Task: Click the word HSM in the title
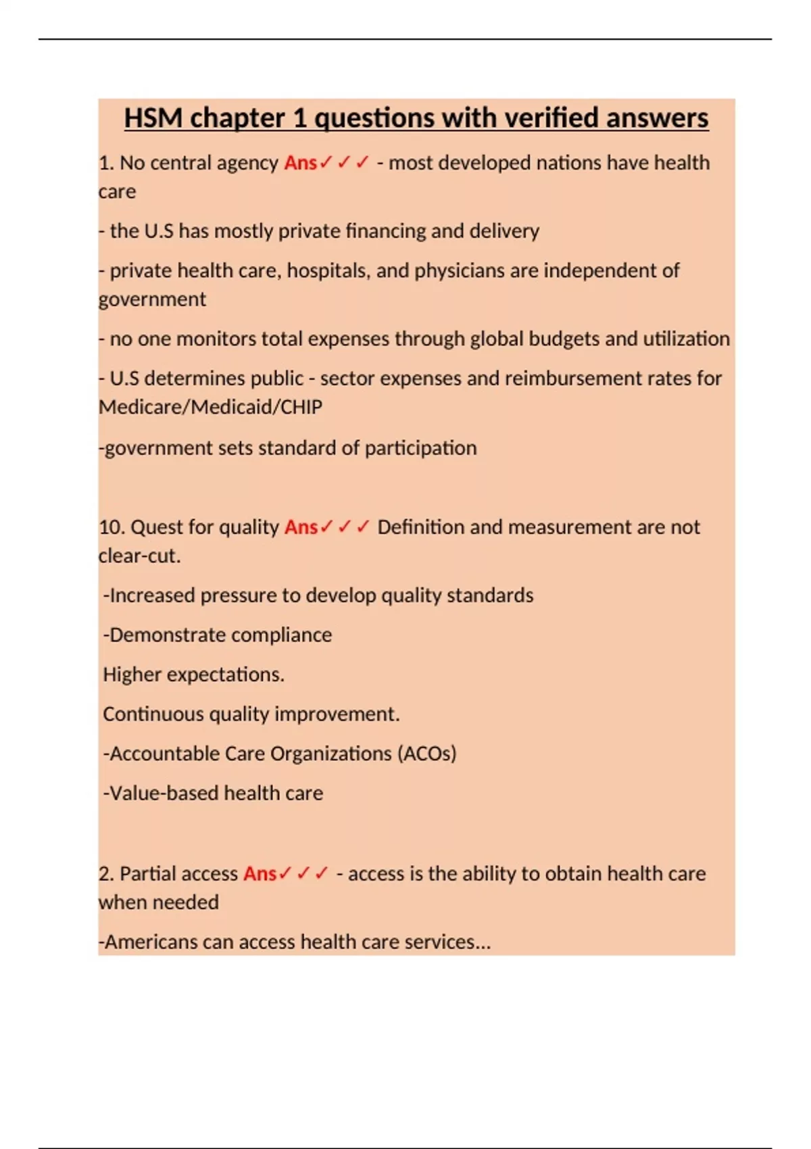(153, 118)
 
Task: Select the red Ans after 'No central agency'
(301, 163)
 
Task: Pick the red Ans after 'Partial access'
(260, 874)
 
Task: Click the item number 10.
(111, 527)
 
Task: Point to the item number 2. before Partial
(106, 874)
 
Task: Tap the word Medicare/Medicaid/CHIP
(210, 407)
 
